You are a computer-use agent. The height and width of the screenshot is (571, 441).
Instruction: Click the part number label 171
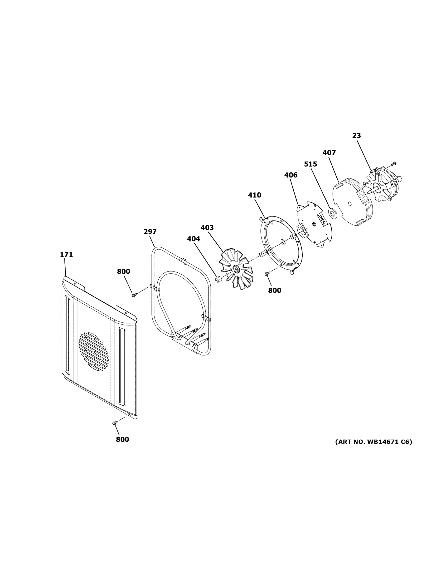click(x=66, y=254)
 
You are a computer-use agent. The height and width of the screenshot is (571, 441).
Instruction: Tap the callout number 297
click(x=150, y=232)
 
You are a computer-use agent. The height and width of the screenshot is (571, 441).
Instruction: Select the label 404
click(x=193, y=239)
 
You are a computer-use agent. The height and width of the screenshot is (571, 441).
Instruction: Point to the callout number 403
click(x=207, y=228)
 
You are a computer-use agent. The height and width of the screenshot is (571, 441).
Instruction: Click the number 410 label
click(x=254, y=195)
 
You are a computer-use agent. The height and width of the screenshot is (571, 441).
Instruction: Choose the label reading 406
click(x=291, y=175)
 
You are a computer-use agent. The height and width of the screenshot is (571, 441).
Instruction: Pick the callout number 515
click(x=310, y=164)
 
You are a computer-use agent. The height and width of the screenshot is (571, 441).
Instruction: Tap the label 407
click(x=329, y=153)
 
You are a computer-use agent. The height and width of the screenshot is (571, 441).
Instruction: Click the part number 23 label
click(x=356, y=136)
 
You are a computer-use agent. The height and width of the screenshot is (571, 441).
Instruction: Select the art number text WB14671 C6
click(x=373, y=442)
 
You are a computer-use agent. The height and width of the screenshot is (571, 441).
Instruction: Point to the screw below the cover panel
click(x=114, y=423)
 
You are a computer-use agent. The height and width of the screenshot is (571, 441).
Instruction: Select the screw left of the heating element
click(x=134, y=295)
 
